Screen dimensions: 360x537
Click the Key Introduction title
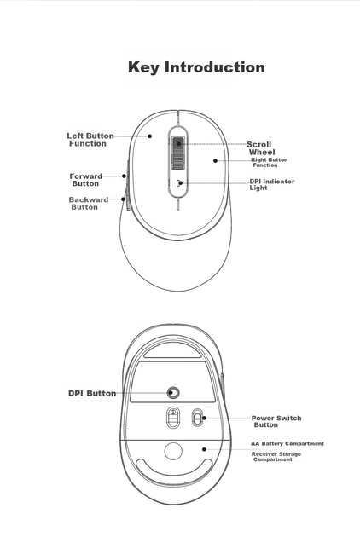196,67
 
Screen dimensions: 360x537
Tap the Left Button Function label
90,140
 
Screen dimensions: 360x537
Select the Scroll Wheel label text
260,148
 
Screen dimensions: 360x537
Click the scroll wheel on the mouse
178,153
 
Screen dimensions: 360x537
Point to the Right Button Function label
269,162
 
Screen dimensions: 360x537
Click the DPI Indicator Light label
271,184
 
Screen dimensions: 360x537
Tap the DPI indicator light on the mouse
179,183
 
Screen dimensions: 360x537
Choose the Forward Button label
85,180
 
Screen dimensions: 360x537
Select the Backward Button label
89,203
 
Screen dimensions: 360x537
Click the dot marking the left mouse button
150,136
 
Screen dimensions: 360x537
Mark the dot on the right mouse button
215,160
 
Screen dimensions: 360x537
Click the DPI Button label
92,393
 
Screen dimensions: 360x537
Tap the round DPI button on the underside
174,392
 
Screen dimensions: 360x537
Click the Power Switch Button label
276,421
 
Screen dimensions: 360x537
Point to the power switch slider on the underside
197,418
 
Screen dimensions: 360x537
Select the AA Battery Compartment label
287,443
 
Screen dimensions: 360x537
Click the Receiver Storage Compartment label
276,457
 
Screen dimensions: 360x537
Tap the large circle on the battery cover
173,451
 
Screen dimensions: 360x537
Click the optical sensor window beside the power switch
173,418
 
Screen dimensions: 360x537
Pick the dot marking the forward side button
124,176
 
